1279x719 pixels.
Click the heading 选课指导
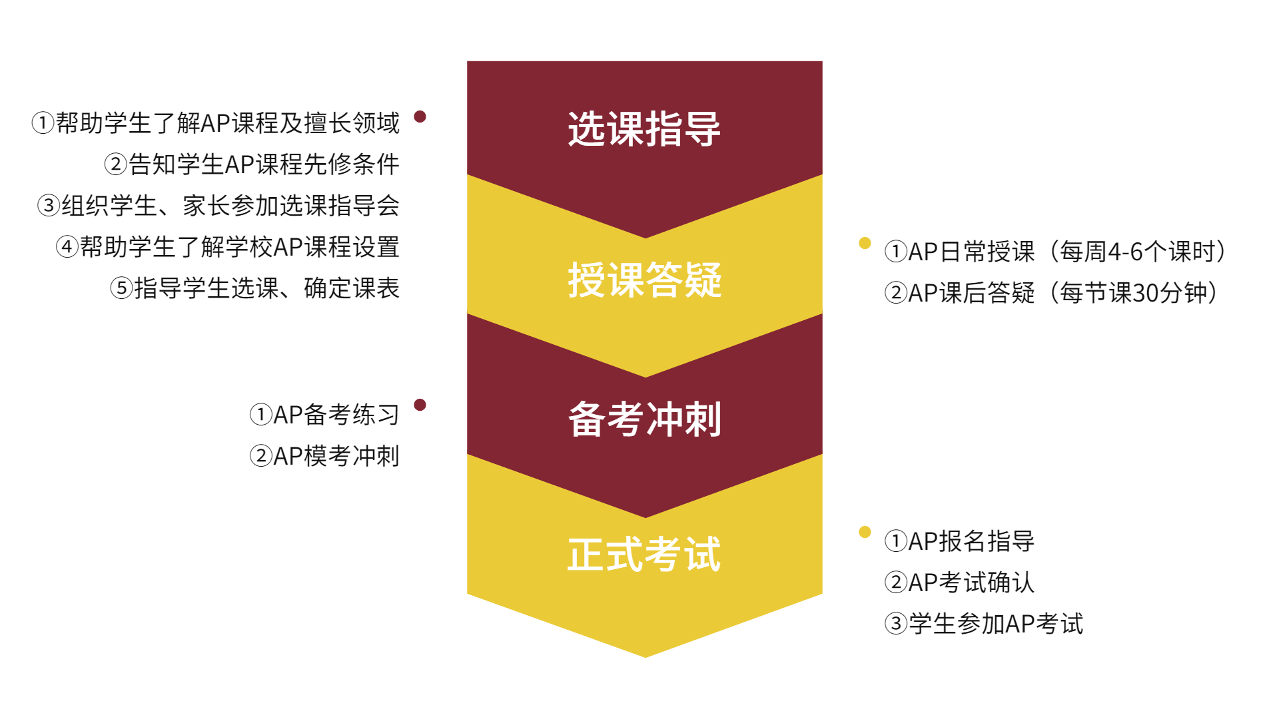(644, 128)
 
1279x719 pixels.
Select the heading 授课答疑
(644, 280)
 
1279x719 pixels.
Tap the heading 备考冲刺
(644, 419)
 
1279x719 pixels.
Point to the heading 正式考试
(644, 555)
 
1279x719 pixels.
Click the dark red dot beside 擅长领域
(420, 117)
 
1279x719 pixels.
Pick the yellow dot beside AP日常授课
(865, 243)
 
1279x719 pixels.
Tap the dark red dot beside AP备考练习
(420, 405)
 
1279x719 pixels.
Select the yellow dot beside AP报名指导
(865, 532)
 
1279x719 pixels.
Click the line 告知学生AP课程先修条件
(252, 164)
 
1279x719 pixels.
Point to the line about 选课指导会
(218, 206)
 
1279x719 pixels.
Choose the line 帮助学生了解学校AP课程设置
(228, 247)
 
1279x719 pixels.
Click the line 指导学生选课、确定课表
(254, 288)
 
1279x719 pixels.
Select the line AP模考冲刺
(324, 456)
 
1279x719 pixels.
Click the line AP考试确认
(959, 583)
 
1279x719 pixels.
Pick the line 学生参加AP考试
(984, 624)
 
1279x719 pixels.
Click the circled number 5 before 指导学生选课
(121, 289)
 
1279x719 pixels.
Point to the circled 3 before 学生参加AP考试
(896, 624)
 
